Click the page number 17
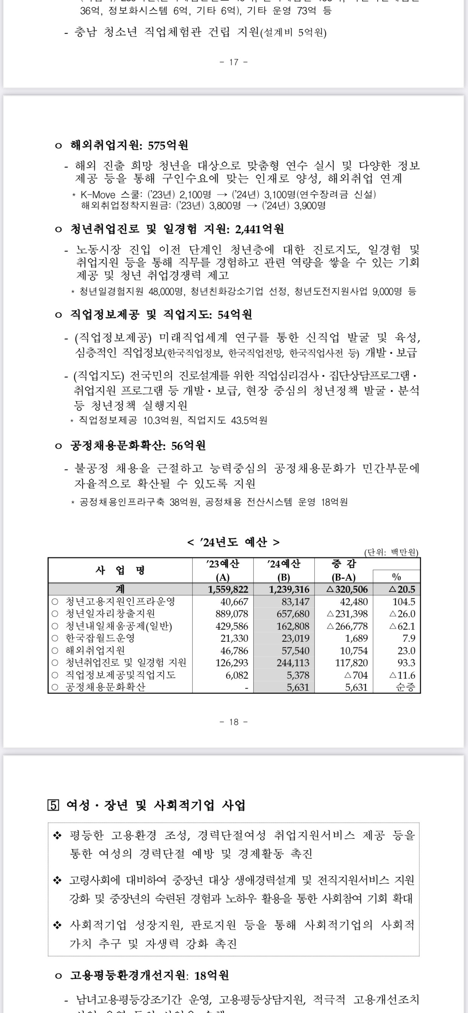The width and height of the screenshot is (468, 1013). [x=234, y=62]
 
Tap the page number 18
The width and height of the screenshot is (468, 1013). [x=234, y=722]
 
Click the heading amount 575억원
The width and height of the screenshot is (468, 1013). [x=168, y=145]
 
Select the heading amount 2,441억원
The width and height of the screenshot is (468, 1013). [x=260, y=229]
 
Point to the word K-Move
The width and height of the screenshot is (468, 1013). [x=98, y=195]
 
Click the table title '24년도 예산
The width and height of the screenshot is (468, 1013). [x=234, y=542]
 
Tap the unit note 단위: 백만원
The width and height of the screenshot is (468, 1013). [x=391, y=552]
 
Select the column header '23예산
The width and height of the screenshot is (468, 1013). [x=223, y=564]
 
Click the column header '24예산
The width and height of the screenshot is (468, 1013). [x=284, y=564]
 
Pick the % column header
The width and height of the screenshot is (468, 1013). [x=396, y=577]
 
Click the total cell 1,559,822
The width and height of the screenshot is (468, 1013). [x=228, y=589]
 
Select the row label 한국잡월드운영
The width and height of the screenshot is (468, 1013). [x=100, y=638]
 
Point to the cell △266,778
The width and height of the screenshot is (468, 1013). [x=348, y=626]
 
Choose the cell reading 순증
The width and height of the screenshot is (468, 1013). [x=405, y=687]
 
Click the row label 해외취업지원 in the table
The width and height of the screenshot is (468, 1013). [x=95, y=650]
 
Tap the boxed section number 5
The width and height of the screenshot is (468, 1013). [x=53, y=805]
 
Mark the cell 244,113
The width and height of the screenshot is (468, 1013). [x=293, y=663]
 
